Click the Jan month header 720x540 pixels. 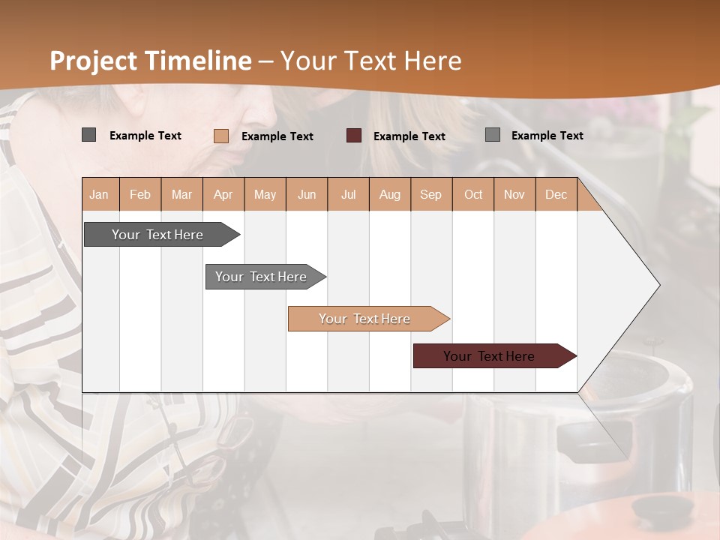click(100, 194)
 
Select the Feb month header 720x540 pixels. click(140, 194)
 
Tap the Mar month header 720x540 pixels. click(181, 194)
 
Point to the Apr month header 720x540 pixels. click(223, 194)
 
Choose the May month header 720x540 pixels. click(265, 194)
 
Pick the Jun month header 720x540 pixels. click(307, 194)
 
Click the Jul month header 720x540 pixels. click(348, 194)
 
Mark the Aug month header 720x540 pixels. click(390, 194)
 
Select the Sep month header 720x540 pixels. click(431, 194)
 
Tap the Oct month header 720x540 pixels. click(473, 194)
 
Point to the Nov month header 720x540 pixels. click(514, 194)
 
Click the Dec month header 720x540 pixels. click(556, 194)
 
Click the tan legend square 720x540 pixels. click(221, 136)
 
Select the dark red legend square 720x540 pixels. click(354, 136)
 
